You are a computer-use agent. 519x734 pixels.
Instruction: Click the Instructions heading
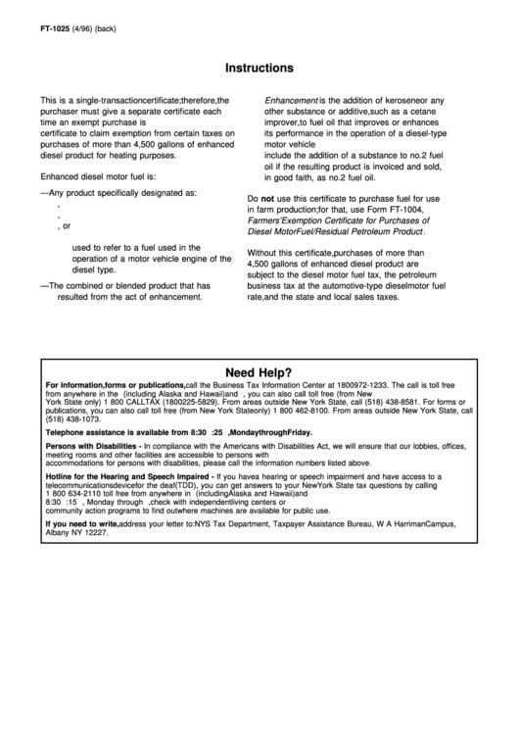[259, 69]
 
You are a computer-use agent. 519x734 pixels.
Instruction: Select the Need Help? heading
[259, 372]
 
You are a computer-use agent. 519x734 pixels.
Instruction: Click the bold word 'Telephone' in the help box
[69, 431]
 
